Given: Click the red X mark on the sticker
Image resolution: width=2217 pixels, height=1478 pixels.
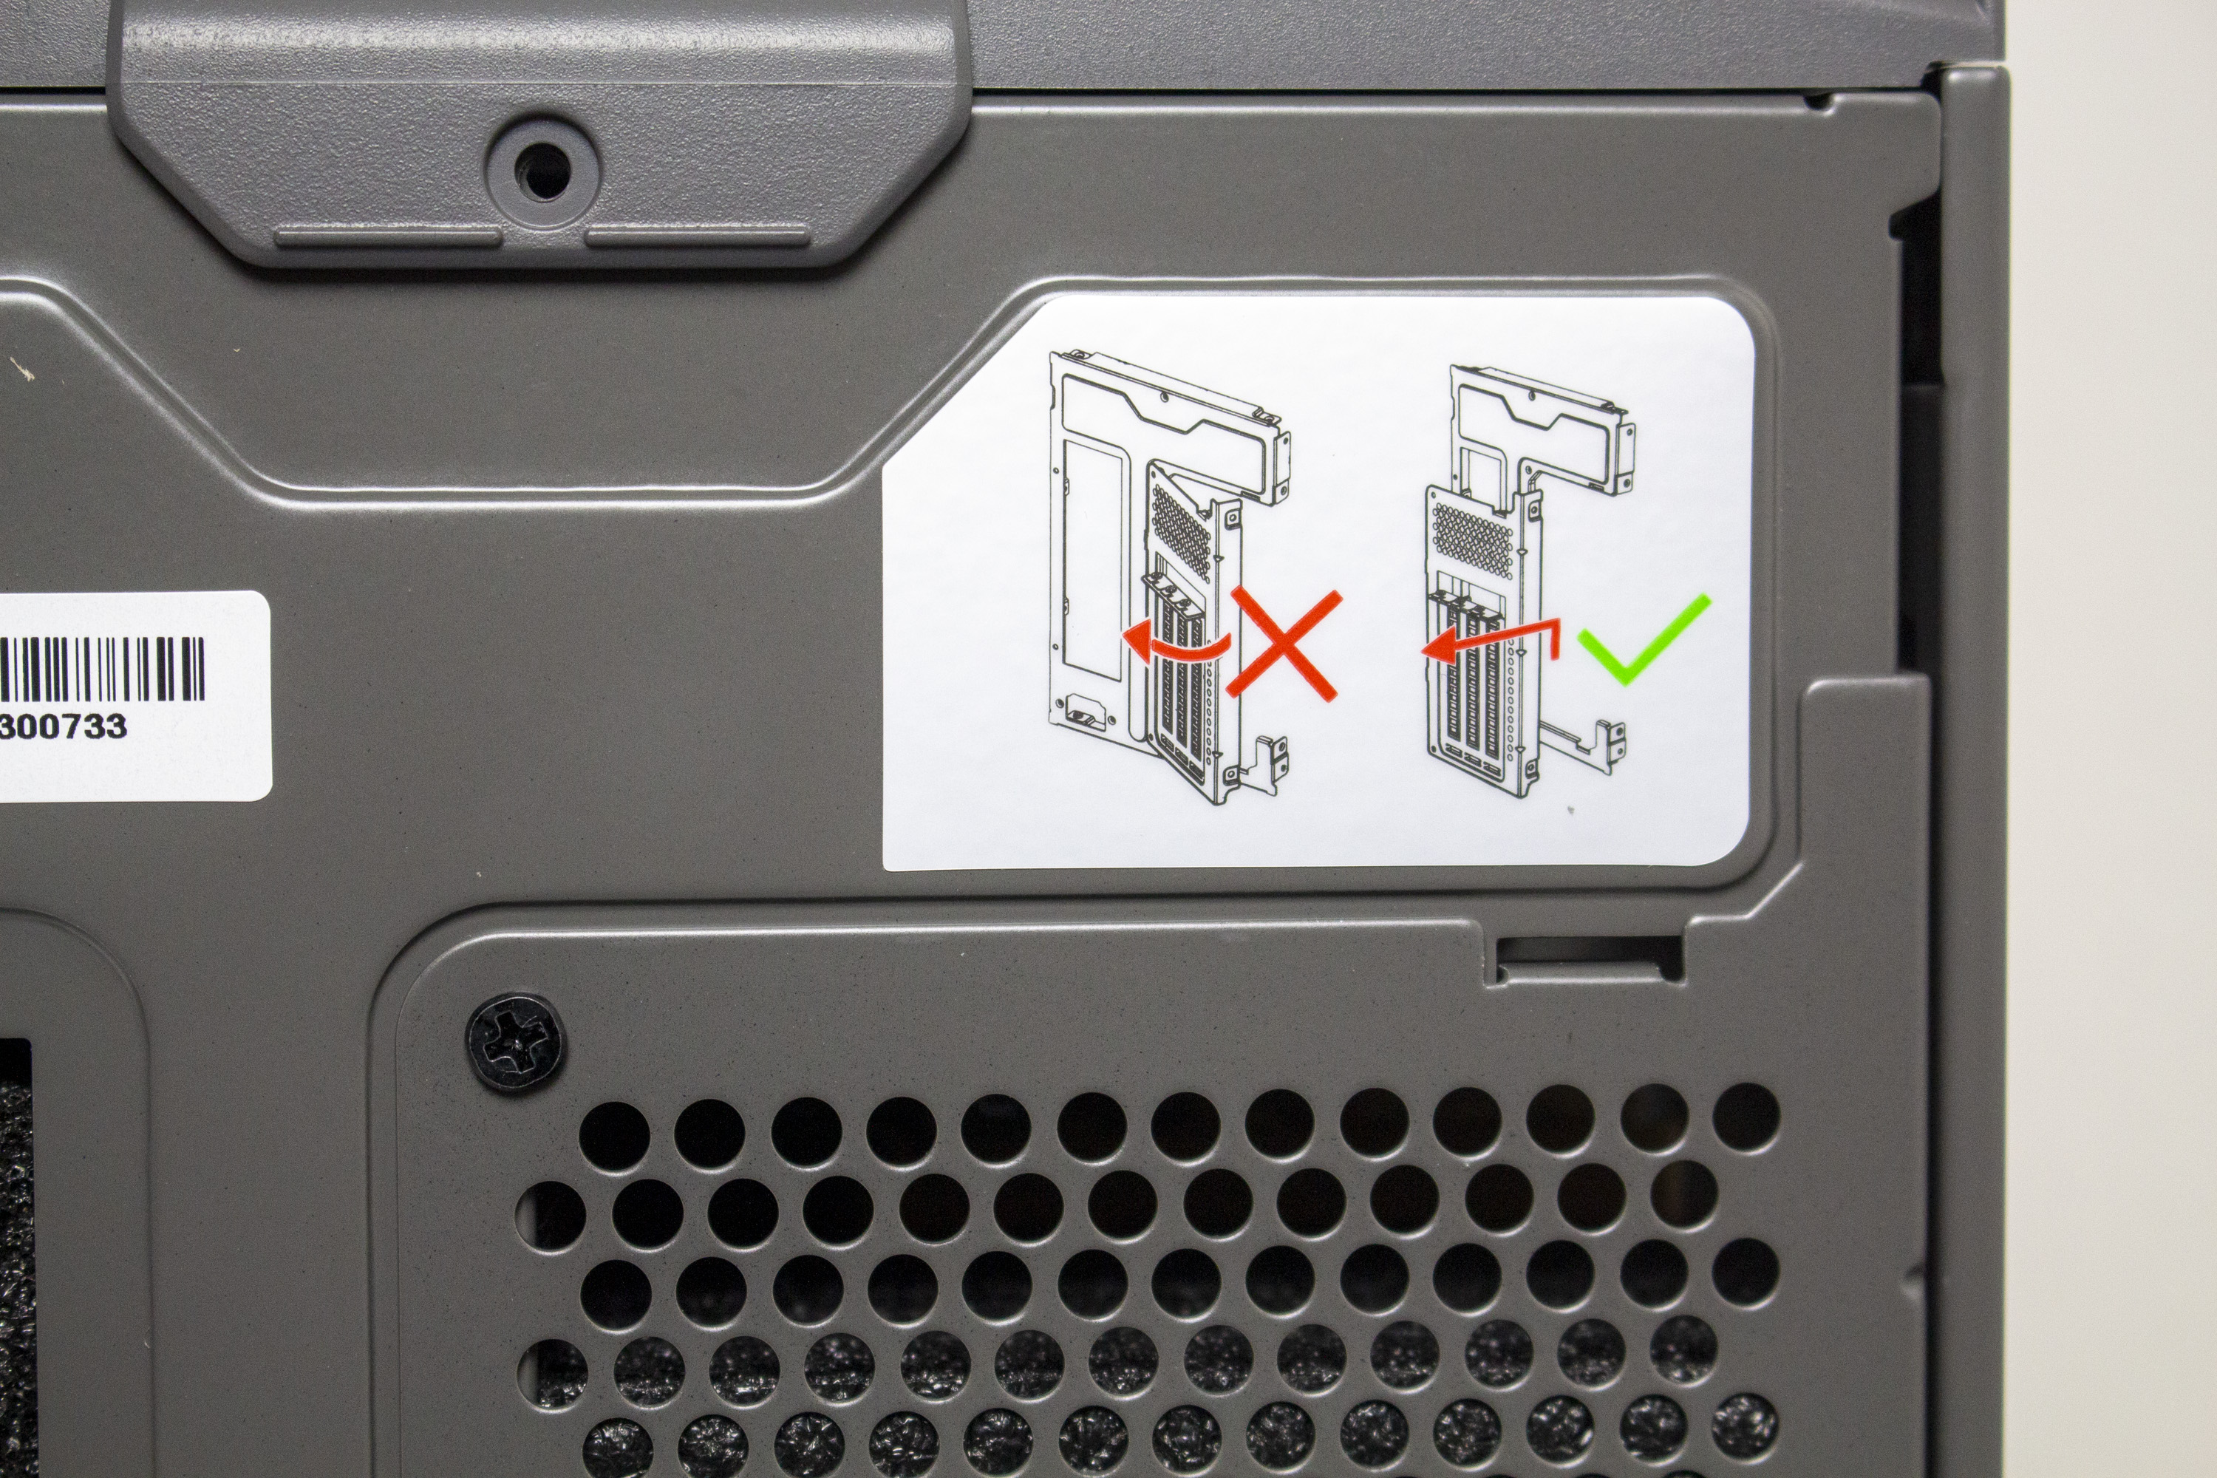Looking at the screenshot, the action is point(1283,646).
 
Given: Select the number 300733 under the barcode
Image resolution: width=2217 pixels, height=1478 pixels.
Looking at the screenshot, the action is point(62,726).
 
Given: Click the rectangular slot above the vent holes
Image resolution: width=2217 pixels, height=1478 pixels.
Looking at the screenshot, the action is point(1587,953).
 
